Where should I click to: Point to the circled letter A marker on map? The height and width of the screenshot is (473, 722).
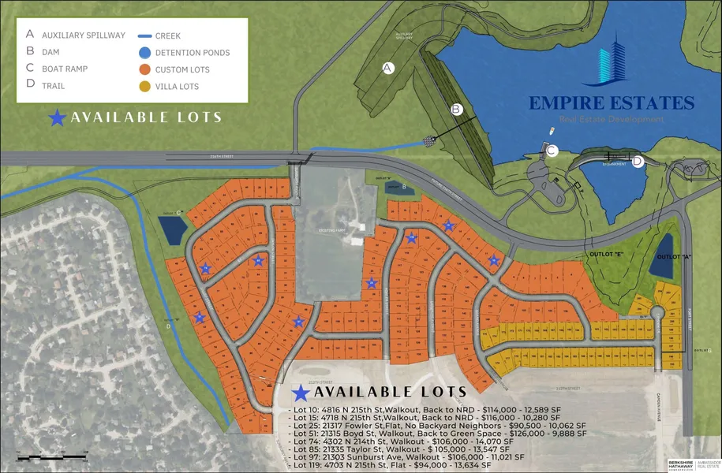coord(387,68)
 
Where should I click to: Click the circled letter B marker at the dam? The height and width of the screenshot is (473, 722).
coord(456,110)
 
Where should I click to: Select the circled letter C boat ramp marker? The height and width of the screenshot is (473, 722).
coord(552,151)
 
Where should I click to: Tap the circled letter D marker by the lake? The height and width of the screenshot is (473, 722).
coord(638,162)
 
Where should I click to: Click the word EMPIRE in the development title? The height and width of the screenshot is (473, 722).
coord(563,103)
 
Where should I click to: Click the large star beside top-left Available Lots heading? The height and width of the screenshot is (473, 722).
coord(58,118)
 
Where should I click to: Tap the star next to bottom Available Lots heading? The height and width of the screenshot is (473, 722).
coord(301,392)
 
